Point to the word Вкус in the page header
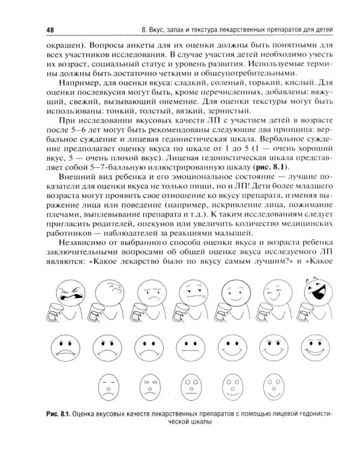click(x=158, y=31)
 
